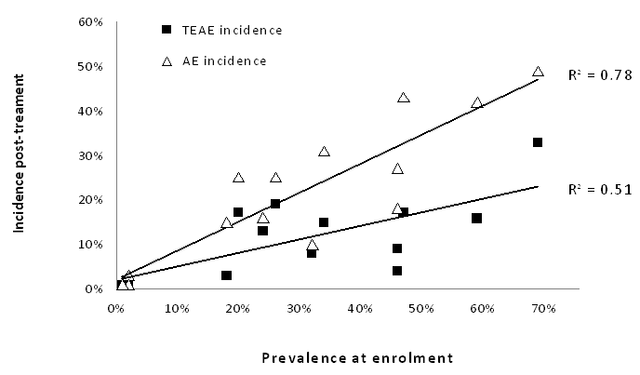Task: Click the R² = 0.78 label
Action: (600, 74)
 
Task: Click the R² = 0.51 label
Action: (600, 190)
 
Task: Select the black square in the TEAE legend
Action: (167, 30)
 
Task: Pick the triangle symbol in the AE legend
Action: (167, 61)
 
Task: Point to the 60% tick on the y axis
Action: (90, 21)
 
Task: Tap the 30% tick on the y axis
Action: (90, 155)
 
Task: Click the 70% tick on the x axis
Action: (543, 308)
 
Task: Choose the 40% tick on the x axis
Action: (360, 308)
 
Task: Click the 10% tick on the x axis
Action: (177, 308)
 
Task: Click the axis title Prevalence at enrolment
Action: (357, 358)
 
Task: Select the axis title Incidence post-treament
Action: (19, 154)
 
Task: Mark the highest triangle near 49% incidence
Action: (538, 72)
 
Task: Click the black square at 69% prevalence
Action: (538, 142)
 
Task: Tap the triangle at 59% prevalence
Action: (476, 103)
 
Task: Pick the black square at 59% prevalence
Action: (476, 218)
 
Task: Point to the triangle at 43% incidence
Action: (404, 97)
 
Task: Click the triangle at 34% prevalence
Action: (324, 152)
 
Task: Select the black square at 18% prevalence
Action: (227, 275)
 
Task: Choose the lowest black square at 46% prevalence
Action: (396, 271)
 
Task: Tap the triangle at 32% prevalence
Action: (313, 245)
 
